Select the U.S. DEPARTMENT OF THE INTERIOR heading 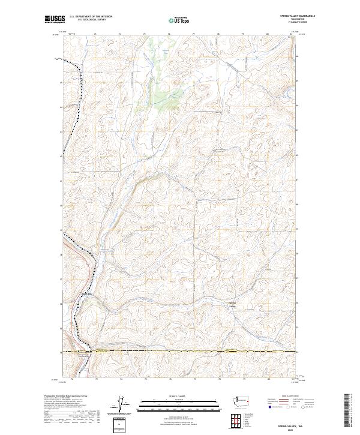pyautogui.click(x=91, y=16)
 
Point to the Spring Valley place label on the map pyautogui.click(x=233, y=304)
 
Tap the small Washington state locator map pyautogui.click(x=242, y=400)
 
